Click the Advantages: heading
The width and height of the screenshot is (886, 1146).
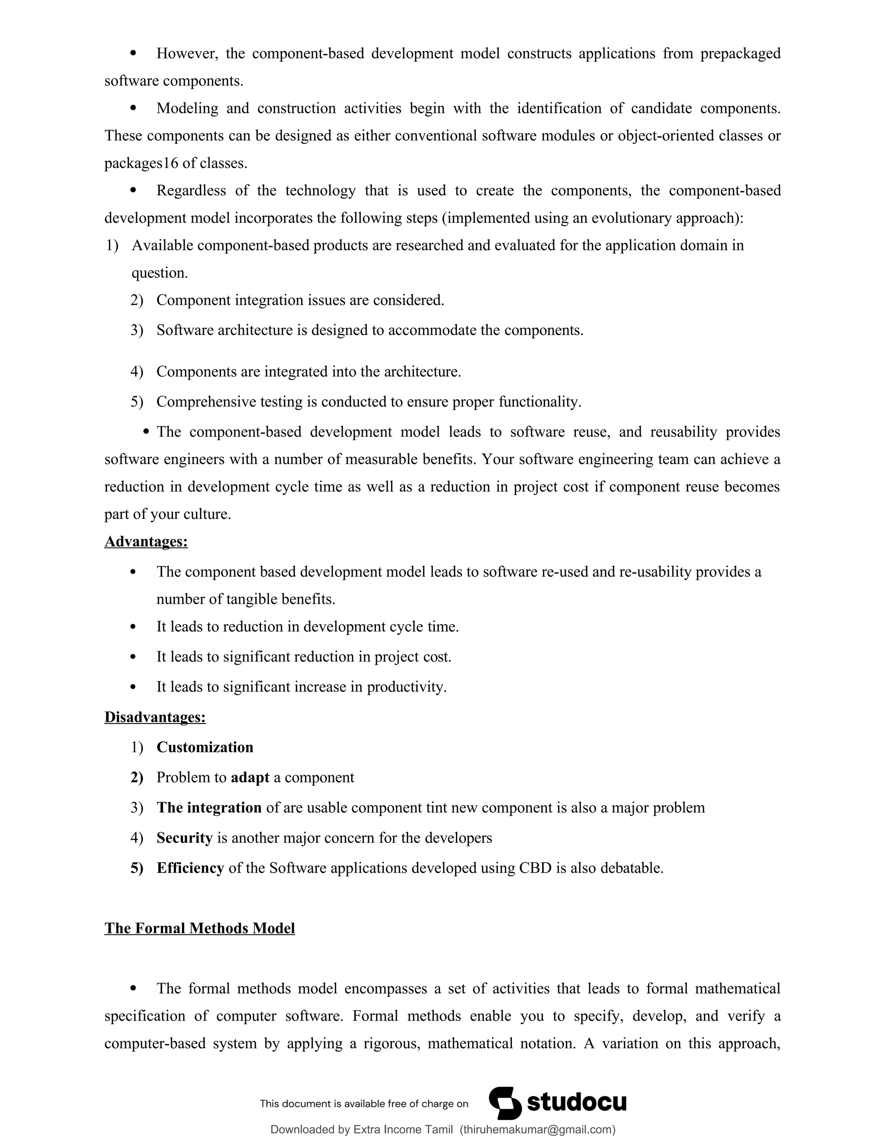pos(146,541)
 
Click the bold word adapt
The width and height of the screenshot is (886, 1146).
pos(250,777)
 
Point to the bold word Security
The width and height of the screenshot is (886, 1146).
pos(184,838)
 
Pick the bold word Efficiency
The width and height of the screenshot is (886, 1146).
pos(190,868)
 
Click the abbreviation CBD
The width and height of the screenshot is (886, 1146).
pos(535,868)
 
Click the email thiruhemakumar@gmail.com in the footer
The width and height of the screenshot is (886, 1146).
pos(537,1129)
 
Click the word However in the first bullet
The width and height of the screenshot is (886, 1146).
pos(187,53)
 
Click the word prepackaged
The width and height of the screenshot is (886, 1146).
pos(740,53)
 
